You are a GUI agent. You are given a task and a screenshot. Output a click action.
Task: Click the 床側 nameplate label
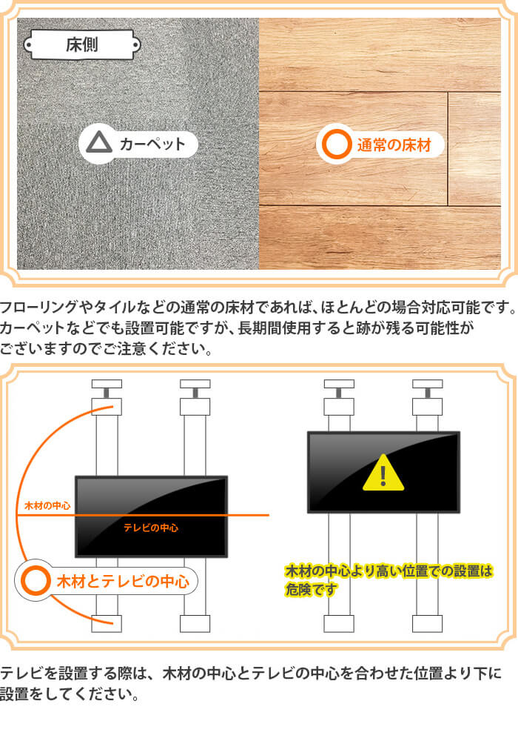82,45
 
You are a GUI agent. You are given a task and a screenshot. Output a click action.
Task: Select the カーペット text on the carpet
152,143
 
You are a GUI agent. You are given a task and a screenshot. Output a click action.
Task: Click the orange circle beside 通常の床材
337,144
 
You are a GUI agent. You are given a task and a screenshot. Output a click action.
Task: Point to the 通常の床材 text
394,144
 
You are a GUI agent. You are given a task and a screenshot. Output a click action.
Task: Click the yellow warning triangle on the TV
383,473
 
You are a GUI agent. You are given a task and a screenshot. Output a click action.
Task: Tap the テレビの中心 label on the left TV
151,528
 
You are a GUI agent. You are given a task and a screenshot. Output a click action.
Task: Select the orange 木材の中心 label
47,505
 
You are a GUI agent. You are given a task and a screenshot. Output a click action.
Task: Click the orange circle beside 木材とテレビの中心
36,580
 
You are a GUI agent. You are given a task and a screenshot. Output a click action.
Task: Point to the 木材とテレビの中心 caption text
123,581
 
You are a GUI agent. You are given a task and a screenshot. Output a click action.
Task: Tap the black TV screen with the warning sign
383,472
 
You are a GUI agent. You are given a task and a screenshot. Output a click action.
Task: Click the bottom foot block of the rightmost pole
427,623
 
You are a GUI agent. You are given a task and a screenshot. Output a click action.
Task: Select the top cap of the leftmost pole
107,384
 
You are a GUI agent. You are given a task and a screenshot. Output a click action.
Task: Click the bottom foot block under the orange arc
107,623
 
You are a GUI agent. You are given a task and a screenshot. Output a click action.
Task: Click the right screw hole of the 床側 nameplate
136,45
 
